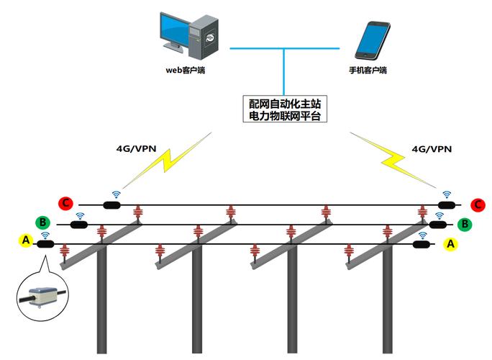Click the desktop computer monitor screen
pyautogui.click(x=175, y=28)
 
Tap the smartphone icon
pyautogui.click(x=373, y=40)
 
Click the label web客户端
pyautogui.click(x=185, y=70)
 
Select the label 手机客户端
pyautogui.click(x=368, y=70)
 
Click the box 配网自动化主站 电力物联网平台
pyautogui.click(x=285, y=109)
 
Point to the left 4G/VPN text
pyautogui.click(x=136, y=148)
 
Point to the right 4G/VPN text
pyautogui.click(x=432, y=149)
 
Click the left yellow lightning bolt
pyautogui.click(x=167, y=161)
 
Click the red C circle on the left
pyautogui.click(x=66, y=203)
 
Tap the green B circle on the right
pyautogui.click(x=465, y=224)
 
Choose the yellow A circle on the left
pyautogui.click(x=26, y=240)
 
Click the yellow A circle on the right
pyautogui.click(x=450, y=244)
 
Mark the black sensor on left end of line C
pyautogui.click(x=111, y=205)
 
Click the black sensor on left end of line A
pyautogui.click(x=45, y=244)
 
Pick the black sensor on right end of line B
pyautogui.click(x=438, y=225)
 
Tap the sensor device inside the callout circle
pyautogui.click(x=42, y=296)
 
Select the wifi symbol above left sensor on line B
pyautogui.click(x=80, y=216)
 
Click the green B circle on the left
pyautogui.click(x=42, y=222)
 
